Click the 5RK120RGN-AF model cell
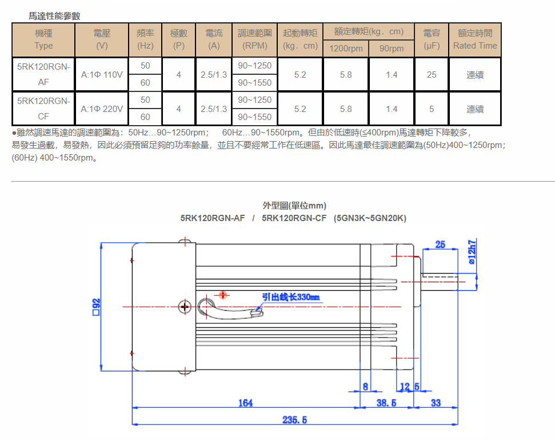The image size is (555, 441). (43, 74)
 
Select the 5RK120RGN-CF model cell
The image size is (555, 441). (43, 109)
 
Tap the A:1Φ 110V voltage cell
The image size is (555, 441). (102, 74)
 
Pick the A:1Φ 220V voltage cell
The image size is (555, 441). (102, 109)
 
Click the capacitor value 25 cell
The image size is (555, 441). (432, 74)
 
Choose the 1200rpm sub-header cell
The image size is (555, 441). (346, 49)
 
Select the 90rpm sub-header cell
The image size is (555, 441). (392, 49)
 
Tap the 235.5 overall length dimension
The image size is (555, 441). (295, 420)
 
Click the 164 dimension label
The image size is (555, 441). (245, 403)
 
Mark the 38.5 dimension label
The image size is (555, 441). (387, 403)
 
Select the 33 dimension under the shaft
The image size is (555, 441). (436, 403)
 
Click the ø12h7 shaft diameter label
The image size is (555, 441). (473, 252)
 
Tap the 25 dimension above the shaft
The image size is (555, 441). (440, 244)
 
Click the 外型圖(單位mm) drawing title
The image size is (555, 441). (294, 206)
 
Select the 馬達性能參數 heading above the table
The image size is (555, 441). (55, 16)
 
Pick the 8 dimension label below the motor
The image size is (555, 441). (366, 387)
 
